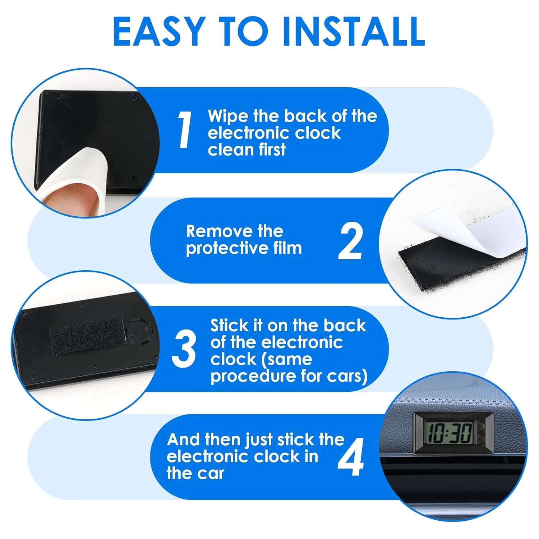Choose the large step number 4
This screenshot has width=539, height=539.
(351, 457)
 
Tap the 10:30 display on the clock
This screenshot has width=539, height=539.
(450, 433)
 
